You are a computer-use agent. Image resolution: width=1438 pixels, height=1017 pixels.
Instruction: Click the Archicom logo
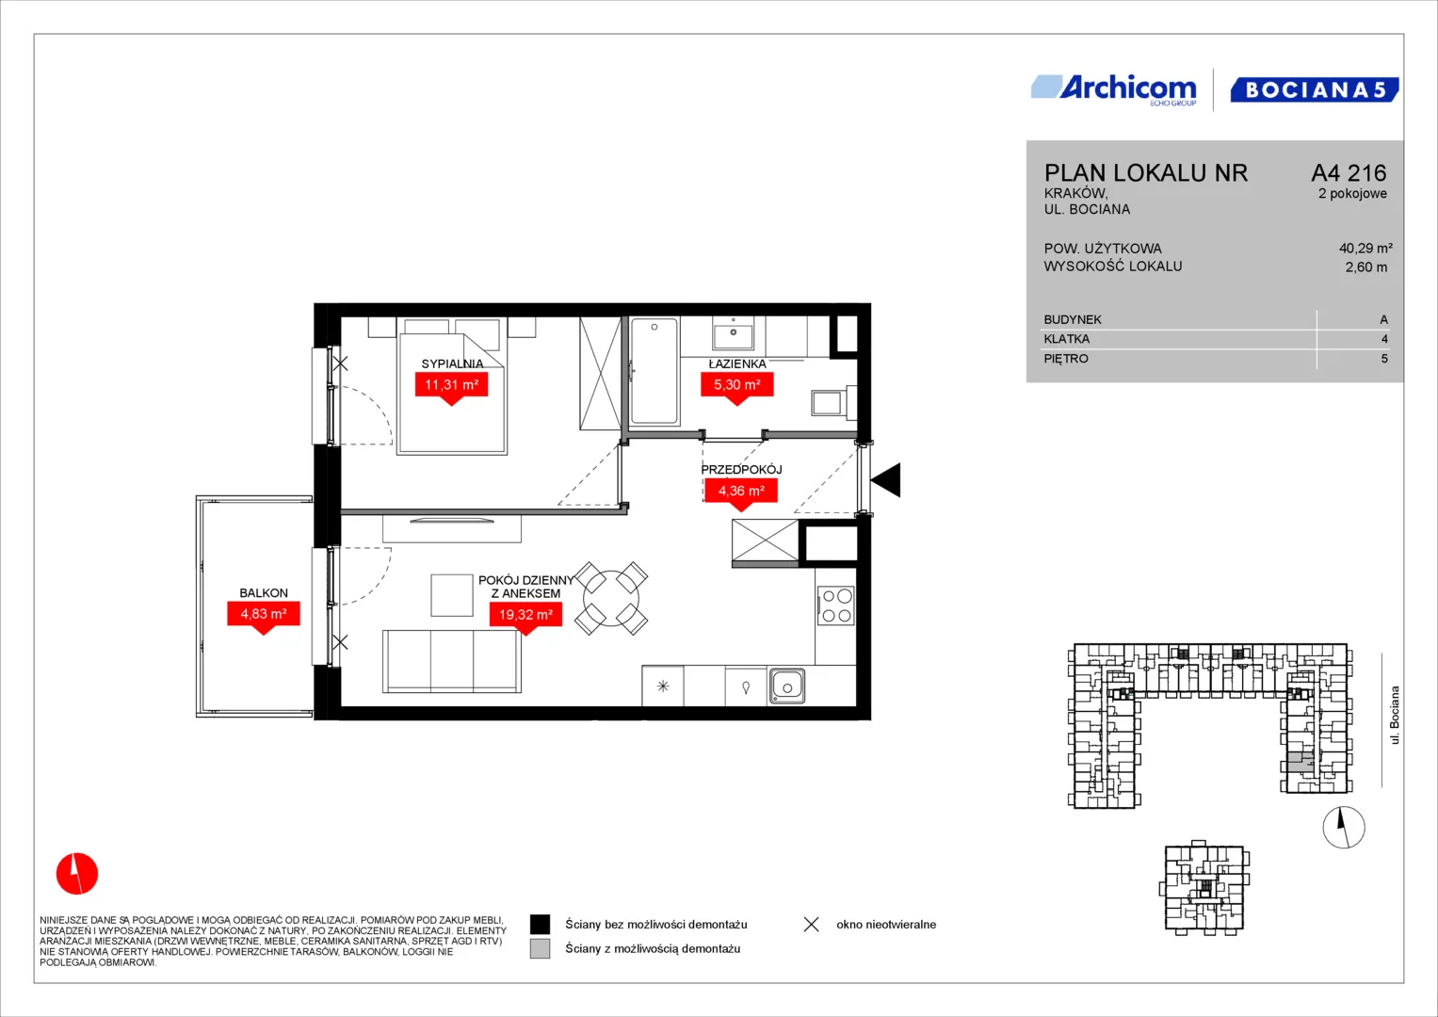[1114, 90]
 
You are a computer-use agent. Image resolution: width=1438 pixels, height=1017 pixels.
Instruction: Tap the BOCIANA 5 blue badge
[1314, 89]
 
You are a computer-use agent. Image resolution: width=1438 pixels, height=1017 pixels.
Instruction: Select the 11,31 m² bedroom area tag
[451, 387]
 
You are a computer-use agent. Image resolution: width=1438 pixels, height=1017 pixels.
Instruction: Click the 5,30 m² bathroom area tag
[737, 387]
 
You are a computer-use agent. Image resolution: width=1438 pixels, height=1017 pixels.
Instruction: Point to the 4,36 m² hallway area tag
[741, 493]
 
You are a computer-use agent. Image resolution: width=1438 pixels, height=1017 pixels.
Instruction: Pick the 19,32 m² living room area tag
[525, 617]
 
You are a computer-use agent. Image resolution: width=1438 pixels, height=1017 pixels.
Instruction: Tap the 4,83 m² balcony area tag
[263, 616]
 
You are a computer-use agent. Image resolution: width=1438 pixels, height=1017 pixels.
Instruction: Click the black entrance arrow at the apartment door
[886, 479]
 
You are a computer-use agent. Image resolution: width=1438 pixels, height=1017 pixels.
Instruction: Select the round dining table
[611, 598]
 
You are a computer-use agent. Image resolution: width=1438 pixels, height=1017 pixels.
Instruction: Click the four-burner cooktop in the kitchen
[836, 605]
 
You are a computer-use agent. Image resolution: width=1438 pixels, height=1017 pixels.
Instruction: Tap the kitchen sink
[787, 687]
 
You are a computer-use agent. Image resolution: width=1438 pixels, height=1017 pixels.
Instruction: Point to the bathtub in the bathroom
[654, 371]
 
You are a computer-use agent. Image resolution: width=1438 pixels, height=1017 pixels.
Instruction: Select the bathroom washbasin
[733, 334]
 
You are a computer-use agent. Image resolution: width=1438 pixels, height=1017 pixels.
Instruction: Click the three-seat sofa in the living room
[452, 661]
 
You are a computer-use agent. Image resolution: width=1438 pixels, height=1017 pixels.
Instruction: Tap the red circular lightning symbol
[77, 873]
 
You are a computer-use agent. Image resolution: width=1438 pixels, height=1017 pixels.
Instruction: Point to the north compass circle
[1344, 828]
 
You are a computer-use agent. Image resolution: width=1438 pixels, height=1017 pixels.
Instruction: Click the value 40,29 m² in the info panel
[1365, 248]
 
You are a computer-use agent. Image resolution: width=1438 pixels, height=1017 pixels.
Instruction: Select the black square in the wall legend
[540, 925]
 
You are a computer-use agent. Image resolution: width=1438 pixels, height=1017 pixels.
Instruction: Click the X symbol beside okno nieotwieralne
[812, 925]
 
